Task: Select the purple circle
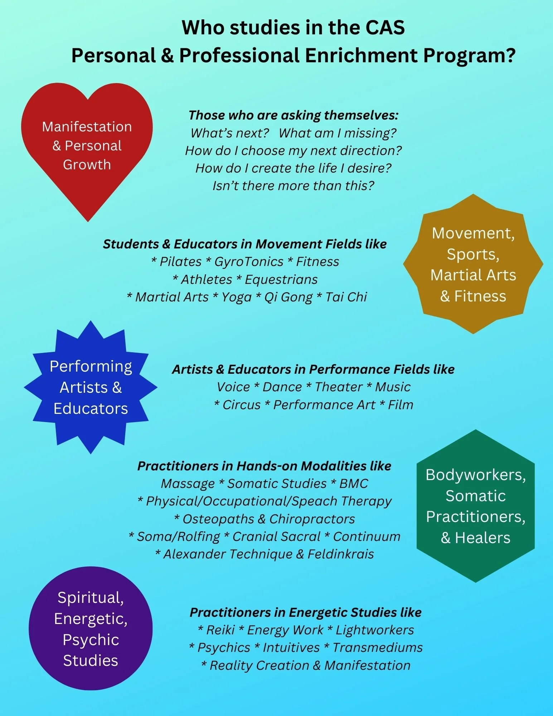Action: [91, 628]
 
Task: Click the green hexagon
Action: [475, 506]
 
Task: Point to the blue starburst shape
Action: [91, 387]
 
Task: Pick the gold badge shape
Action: [473, 264]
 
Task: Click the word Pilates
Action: [180, 262]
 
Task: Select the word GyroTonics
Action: [249, 262]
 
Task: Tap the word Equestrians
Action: [281, 280]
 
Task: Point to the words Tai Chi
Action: [346, 297]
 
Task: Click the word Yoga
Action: [236, 297]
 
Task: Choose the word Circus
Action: [242, 405]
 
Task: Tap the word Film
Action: [401, 405]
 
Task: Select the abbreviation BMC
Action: [354, 484]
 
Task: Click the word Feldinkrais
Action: [341, 554]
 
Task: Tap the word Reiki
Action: [220, 630]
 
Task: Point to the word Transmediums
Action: [378, 648]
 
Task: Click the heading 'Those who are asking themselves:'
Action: [294, 115]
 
